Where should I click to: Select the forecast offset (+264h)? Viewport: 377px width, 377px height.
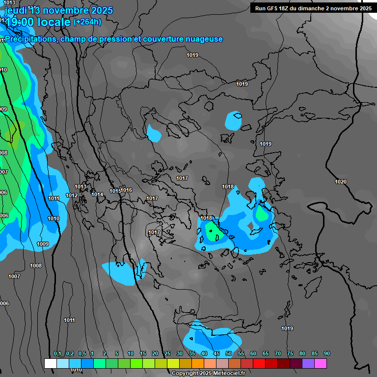(87, 22)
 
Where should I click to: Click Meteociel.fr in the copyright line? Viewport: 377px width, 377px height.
(220, 374)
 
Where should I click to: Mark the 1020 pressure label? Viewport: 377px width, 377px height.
(341, 182)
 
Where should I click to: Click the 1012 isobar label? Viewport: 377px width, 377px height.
(72, 195)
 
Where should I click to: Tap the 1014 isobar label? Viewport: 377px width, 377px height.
(97, 195)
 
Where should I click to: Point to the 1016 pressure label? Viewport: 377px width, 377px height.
(127, 190)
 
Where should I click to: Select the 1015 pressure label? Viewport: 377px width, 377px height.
(115, 191)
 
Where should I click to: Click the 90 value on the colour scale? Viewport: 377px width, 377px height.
(327, 354)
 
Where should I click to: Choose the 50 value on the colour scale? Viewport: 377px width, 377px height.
(229, 354)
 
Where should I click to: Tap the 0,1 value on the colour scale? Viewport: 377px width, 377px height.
(57, 354)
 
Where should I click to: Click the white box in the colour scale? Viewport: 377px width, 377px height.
(50, 363)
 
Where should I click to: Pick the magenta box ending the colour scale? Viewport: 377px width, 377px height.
(321, 363)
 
